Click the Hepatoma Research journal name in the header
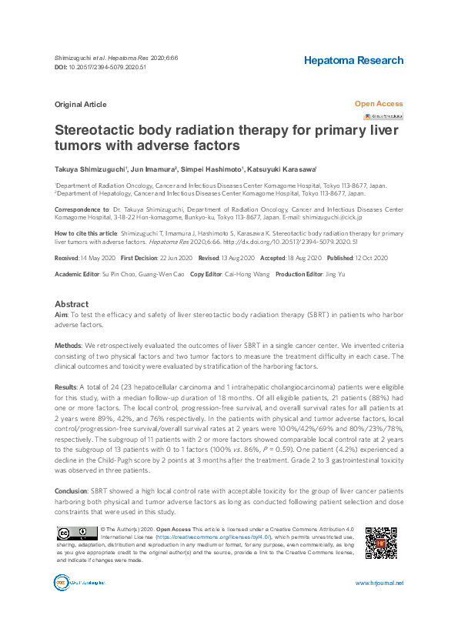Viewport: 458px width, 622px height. point(353,60)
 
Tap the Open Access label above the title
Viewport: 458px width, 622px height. point(378,103)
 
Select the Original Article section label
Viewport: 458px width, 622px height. point(80,105)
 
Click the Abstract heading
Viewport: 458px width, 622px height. point(72,304)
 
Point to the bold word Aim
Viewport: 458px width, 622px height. point(61,316)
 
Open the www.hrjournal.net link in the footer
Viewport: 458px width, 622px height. point(379,604)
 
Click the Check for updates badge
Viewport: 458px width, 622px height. point(383,116)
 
